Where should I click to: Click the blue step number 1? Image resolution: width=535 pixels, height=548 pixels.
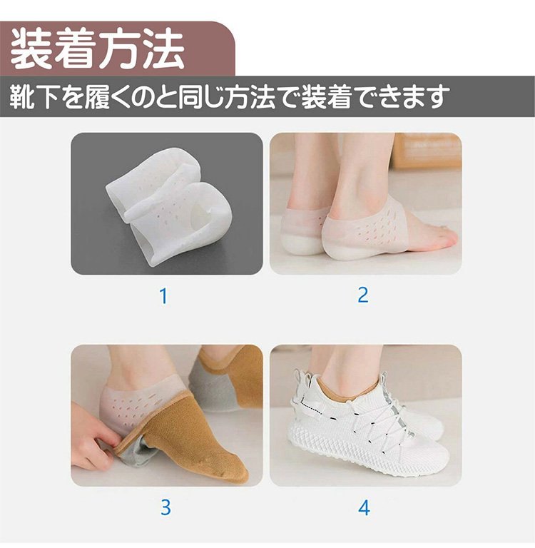pyautogui.click(x=163, y=296)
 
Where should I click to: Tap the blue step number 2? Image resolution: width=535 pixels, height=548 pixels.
pyautogui.click(x=363, y=295)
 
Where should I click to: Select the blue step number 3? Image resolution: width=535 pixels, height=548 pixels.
pyautogui.click(x=165, y=507)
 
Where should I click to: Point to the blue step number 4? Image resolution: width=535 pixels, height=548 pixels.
pyautogui.click(x=364, y=508)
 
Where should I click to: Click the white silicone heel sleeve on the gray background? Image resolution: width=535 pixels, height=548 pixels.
pyautogui.click(x=169, y=207)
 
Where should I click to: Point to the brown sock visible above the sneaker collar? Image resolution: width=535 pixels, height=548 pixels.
pyautogui.click(x=346, y=385)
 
